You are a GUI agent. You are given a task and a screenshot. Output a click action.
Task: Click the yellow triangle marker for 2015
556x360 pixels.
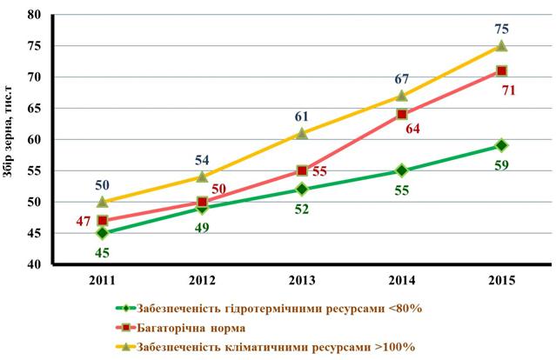[x=501, y=46]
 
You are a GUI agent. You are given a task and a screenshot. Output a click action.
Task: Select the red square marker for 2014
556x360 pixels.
[x=402, y=115]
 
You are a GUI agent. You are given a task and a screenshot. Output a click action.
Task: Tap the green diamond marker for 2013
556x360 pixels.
[x=302, y=190]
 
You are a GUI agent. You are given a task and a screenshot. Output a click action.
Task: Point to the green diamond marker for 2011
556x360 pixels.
[x=102, y=233]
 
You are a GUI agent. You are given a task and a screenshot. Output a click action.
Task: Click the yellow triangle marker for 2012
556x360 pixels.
[x=202, y=177]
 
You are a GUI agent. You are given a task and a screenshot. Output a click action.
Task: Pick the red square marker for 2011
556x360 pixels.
[x=103, y=221]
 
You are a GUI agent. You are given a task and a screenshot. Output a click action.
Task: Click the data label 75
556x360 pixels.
[x=501, y=29]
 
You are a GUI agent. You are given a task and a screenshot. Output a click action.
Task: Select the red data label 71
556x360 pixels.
[x=508, y=90]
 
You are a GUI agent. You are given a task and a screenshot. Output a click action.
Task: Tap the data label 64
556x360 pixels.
[x=412, y=129]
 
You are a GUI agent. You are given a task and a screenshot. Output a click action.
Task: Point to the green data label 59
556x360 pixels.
[x=501, y=165]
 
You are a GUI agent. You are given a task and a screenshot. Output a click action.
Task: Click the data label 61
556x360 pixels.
[x=302, y=117]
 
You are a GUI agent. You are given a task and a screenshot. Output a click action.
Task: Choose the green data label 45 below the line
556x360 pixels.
[x=102, y=253]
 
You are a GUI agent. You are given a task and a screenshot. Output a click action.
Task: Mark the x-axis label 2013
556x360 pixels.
[x=302, y=281]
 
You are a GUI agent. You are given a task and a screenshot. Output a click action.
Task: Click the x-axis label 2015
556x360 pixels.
[x=501, y=281]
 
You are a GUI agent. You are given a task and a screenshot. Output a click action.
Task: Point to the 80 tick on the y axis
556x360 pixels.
[x=35, y=15]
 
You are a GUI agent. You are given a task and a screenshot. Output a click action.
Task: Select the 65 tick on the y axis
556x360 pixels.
[x=35, y=108]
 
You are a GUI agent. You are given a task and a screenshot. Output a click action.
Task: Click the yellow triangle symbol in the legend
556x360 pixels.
[x=125, y=347]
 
